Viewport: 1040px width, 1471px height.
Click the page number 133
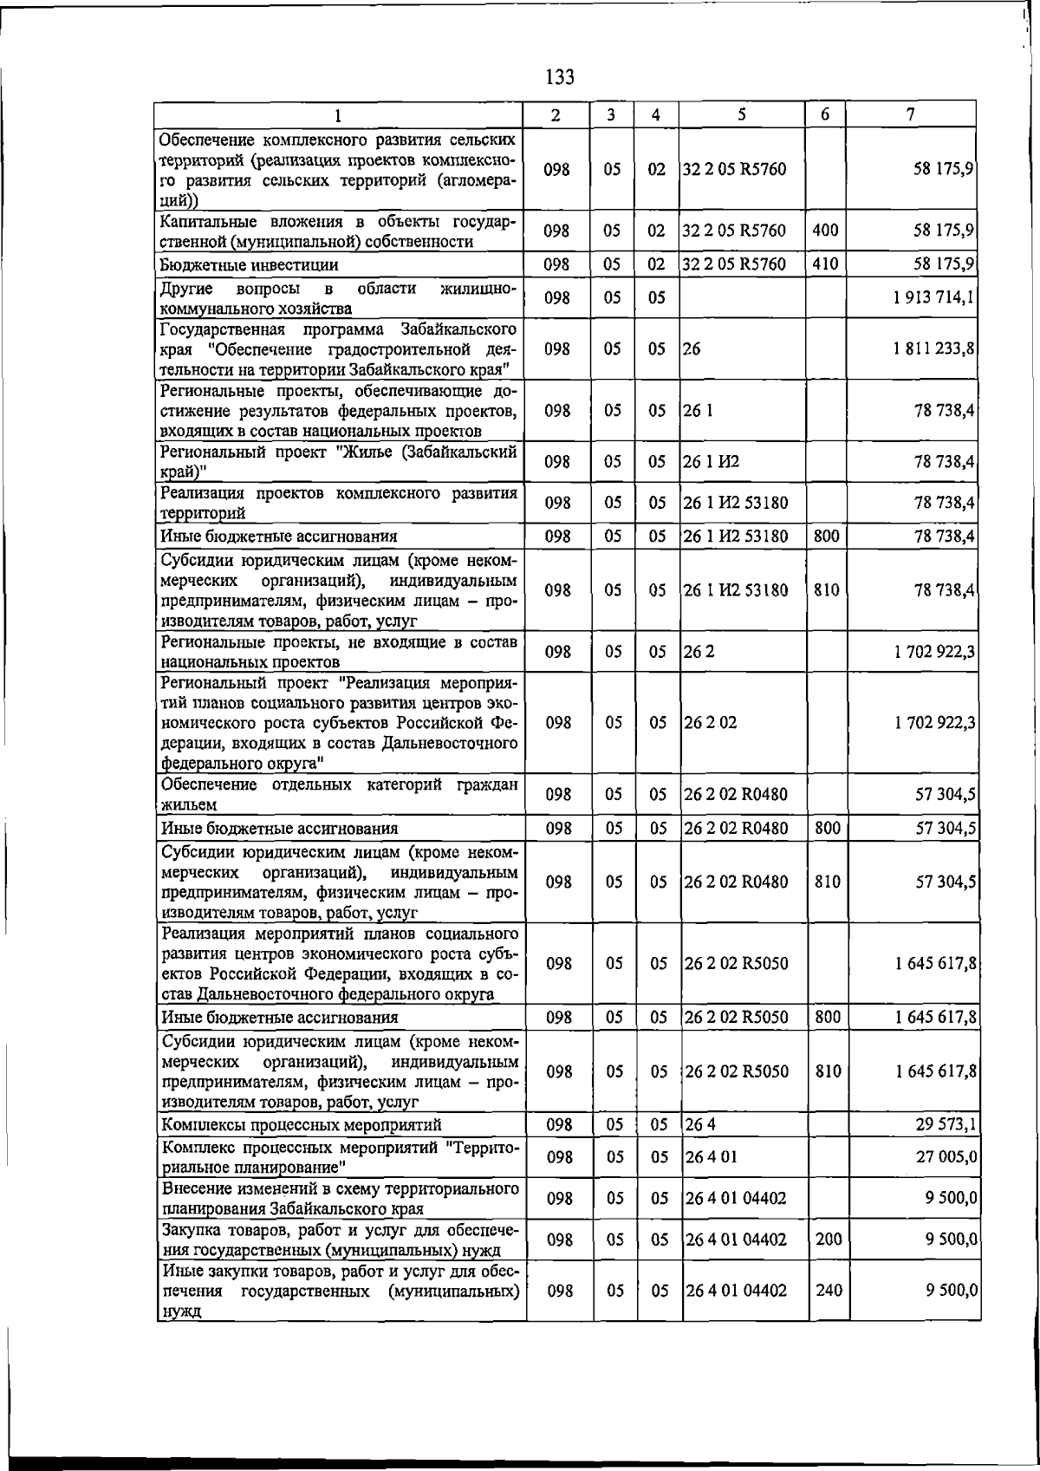point(560,78)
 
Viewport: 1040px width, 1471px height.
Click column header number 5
point(743,114)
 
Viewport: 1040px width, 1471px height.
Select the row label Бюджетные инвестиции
point(250,264)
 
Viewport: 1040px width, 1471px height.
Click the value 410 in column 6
point(826,264)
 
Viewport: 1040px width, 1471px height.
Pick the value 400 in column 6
point(826,231)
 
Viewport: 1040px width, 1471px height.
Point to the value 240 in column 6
point(829,1290)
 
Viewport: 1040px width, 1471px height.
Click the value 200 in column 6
point(829,1239)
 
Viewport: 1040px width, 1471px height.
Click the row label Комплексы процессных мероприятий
point(302,1124)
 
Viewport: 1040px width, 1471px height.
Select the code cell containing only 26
point(692,349)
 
